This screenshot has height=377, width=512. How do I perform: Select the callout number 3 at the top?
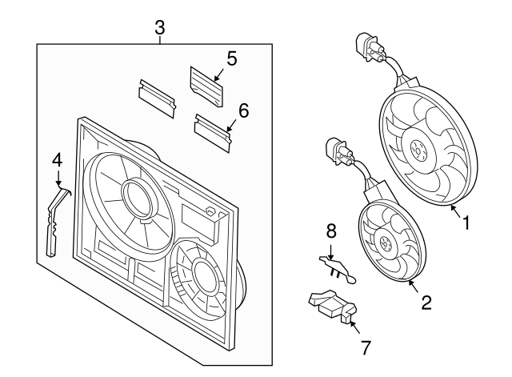(x=160, y=28)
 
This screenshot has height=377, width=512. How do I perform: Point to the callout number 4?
(x=57, y=161)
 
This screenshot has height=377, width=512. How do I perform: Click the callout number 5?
(x=231, y=58)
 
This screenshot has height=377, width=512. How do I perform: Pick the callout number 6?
(x=243, y=110)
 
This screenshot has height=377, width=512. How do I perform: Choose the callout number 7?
(x=366, y=347)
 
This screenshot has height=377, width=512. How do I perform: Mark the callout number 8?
(x=330, y=232)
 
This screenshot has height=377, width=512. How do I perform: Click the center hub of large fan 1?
(x=418, y=150)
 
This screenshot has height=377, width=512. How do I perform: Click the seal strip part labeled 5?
(x=206, y=83)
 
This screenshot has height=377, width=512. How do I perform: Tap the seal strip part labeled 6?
(x=213, y=130)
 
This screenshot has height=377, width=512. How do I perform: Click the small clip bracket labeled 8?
(x=335, y=267)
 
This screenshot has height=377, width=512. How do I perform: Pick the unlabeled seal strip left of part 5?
(x=157, y=98)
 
